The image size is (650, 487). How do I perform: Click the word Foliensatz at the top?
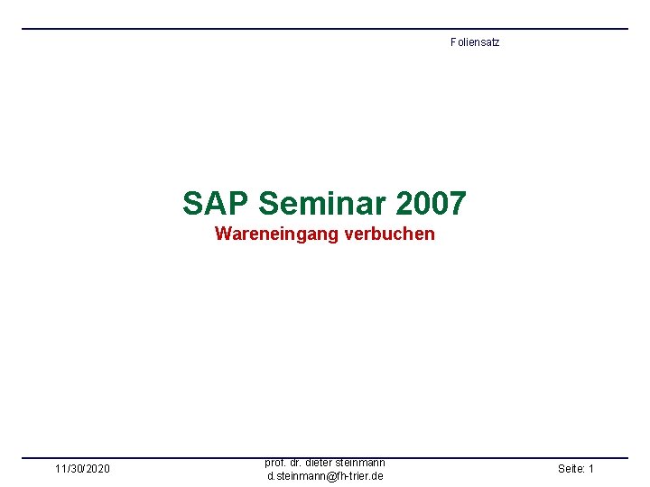(474, 42)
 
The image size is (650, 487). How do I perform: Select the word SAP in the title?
(216, 203)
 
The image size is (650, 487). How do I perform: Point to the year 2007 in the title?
(431, 203)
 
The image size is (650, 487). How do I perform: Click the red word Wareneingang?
(276, 234)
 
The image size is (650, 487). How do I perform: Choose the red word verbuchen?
(388, 234)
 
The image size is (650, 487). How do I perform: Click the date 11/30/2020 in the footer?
(82, 469)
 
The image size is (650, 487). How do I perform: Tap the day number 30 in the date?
(76, 469)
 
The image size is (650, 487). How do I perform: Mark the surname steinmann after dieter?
(362, 463)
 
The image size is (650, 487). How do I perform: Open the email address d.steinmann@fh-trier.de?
(325, 475)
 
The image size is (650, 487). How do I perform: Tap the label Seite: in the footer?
(571, 469)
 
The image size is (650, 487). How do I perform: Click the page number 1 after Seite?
(590, 469)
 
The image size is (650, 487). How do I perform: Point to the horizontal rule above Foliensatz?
(325, 29)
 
